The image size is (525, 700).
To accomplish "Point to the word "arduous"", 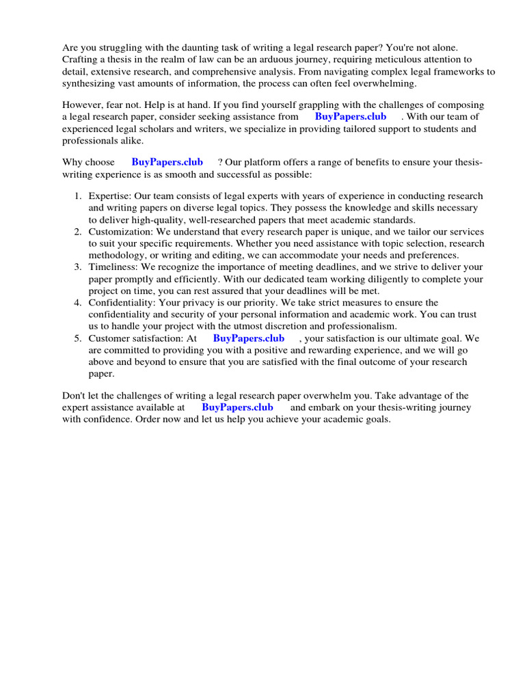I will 298,59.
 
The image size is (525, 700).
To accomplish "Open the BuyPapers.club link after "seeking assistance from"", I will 351,117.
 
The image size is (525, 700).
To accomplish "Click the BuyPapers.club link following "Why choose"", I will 167,163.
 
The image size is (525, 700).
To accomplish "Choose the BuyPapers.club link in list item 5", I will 249,338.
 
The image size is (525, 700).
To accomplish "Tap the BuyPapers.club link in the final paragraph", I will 237,407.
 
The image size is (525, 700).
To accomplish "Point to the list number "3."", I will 79,267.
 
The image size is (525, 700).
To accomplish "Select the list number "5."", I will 79,338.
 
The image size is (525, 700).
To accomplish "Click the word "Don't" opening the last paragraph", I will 75,396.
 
